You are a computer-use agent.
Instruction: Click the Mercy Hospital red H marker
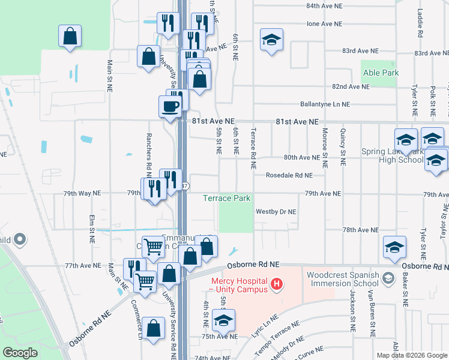(277, 283)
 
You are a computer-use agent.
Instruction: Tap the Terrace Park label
(226, 198)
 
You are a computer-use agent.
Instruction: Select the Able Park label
(381, 73)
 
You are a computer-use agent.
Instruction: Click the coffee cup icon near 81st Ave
(169, 106)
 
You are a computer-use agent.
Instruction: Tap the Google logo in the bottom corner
(20, 353)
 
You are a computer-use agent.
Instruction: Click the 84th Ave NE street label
(324, 6)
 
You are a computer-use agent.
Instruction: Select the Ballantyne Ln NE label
(325, 104)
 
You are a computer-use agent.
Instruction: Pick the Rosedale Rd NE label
(290, 176)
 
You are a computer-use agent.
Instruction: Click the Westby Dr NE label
(276, 212)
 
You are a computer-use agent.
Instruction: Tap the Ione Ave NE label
(324, 24)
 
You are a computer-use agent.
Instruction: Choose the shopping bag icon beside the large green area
(70, 36)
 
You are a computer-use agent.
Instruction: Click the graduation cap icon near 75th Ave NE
(223, 320)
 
